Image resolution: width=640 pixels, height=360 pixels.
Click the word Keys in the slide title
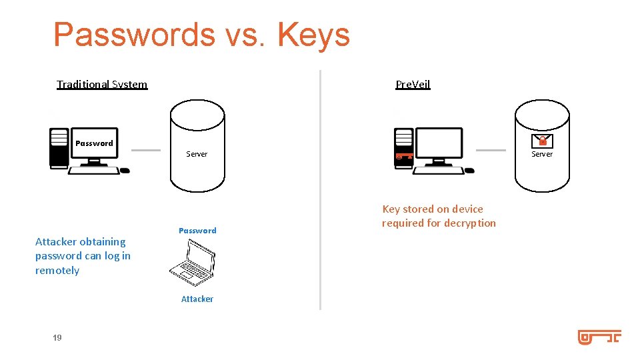tap(313, 35)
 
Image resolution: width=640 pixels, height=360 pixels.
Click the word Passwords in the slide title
tap(134, 35)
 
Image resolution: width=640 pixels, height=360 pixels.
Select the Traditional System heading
tap(102, 84)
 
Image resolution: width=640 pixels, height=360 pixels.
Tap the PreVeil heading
tap(413, 84)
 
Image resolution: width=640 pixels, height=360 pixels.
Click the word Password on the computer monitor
tap(94, 143)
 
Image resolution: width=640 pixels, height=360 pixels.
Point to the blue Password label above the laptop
tap(197, 231)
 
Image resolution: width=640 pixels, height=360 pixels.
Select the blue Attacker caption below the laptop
tap(197, 299)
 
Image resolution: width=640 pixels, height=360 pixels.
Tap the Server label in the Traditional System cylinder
tap(197, 154)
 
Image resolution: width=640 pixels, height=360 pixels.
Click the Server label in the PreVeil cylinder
tap(541, 154)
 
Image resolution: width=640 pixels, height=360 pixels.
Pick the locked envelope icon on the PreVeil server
tap(542, 141)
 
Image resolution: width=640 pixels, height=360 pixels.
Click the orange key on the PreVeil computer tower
tap(404, 157)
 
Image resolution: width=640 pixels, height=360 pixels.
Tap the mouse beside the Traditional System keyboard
tap(125, 171)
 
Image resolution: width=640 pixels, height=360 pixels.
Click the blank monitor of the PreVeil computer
tap(438, 143)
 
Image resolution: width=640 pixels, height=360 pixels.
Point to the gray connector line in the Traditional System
tap(146, 150)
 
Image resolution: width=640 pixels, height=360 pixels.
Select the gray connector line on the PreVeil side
tap(491, 150)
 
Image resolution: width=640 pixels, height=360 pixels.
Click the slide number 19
tap(57, 338)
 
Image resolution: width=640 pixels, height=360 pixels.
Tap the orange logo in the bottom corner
tap(599, 337)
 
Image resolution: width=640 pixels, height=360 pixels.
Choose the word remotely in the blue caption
tap(57, 271)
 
